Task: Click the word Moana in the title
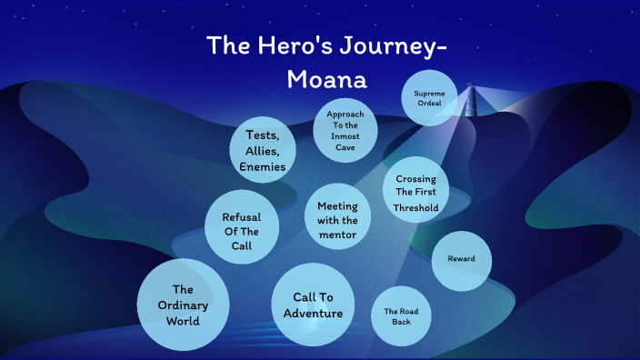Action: pyautogui.click(x=326, y=79)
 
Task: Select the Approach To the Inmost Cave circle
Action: pyautogui.click(x=345, y=130)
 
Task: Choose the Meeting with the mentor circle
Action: pyautogui.click(x=336, y=220)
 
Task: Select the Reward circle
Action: pyautogui.click(x=461, y=259)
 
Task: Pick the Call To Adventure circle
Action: pyautogui.click(x=313, y=305)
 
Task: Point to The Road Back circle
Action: pyautogui.click(x=401, y=316)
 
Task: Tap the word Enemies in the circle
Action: pyautogui.click(x=263, y=167)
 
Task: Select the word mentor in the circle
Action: pyautogui.click(x=337, y=235)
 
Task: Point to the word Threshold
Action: pyautogui.click(x=416, y=208)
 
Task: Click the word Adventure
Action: pyautogui.click(x=313, y=314)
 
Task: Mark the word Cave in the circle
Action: pyautogui.click(x=345, y=146)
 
